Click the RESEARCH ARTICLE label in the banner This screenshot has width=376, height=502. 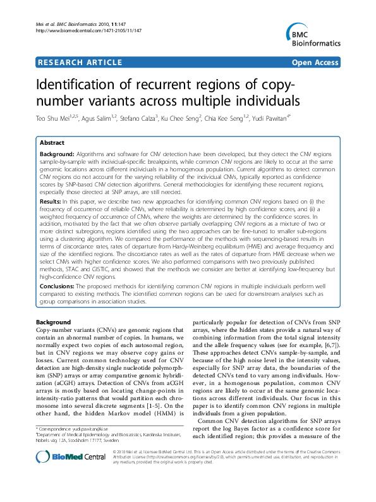point(80,63)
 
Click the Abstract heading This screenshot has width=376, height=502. point(52,143)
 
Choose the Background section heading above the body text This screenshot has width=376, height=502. point(54,322)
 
